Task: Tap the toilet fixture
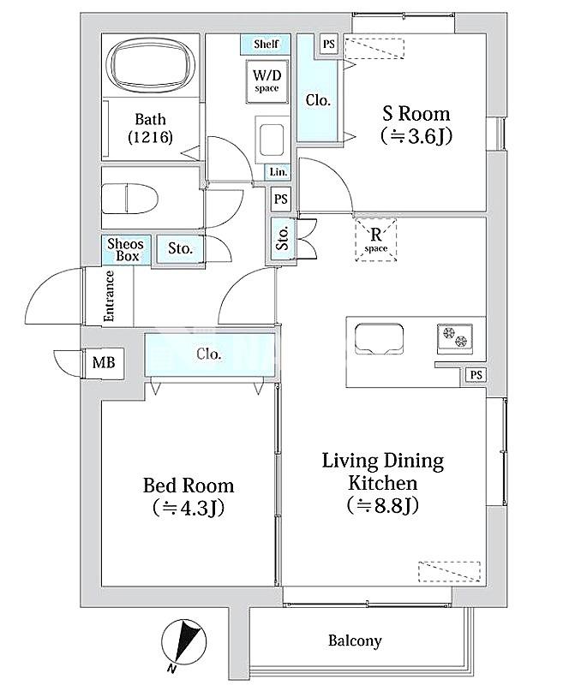pyautogui.click(x=129, y=199)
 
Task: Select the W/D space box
pyautogui.click(x=267, y=81)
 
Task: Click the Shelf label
pyautogui.click(x=266, y=44)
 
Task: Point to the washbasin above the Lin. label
pyautogui.click(x=273, y=139)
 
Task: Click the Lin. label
pyautogui.click(x=279, y=172)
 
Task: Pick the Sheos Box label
pyautogui.click(x=126, y=249)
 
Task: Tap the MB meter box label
pyautogui.click(x=104, y=362)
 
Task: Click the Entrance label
pyautogui.click(x=110, y=296)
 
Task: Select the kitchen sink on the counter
pyautogui.click(x=379, y=338)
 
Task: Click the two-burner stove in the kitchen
pyautogui.click(x=455, y=337)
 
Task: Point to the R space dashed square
pyautogui.click(x=376, y=240)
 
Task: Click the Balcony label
pyautogui.click(x=355, y=640)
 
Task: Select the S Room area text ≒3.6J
pyautogui.click(x=416, y=136)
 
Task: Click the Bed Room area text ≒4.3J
pyautogui.click(x=189, y=508)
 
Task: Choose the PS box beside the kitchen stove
pyautogui.click(x=476, y=375)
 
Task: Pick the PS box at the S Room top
pyautogui.click(x=329, y=45)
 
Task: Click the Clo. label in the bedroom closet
pyautogui.click(x=209, y=354)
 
